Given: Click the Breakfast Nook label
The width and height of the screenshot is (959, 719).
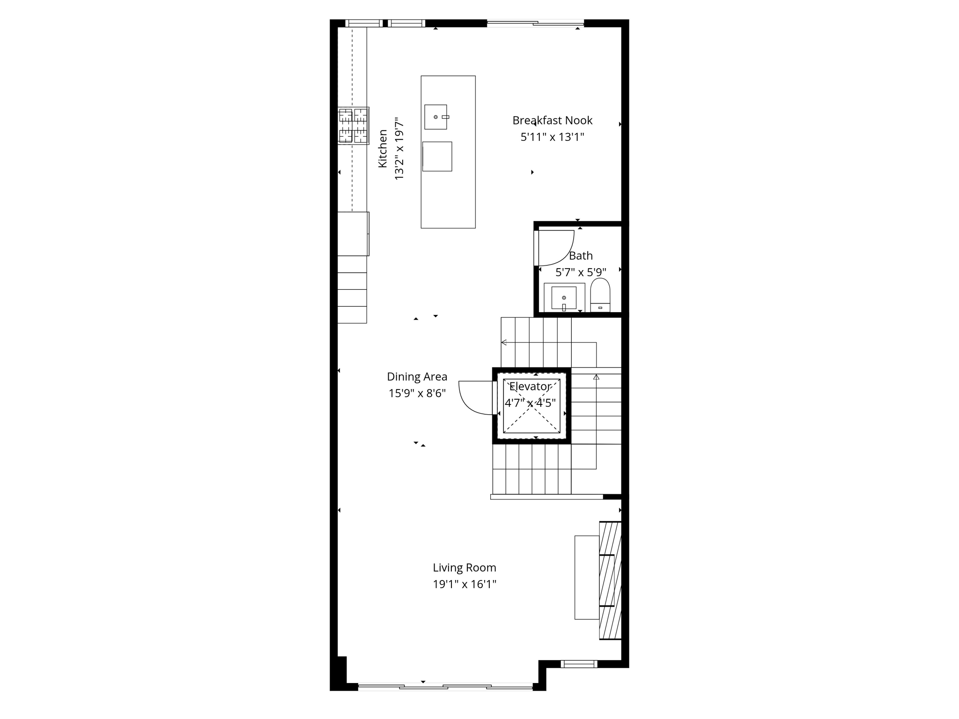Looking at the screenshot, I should pos(552,120).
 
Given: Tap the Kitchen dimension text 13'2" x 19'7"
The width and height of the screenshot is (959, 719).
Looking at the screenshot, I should pos(399,149).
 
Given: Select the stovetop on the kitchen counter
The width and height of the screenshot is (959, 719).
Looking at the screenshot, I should pos(353,125).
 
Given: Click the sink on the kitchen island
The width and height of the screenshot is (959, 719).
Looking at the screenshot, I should pos(435,117).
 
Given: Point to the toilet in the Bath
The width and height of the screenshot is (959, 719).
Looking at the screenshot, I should pos(600,295).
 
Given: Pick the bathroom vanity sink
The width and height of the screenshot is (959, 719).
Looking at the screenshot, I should pos(564,298).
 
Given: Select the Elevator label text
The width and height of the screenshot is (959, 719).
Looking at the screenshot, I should pos(530,387).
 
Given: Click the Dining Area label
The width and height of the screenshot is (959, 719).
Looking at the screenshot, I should pos(417,377).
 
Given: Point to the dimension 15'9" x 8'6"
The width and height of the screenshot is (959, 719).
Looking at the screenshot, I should pos(417,393).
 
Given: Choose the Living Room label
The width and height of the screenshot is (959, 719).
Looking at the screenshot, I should pos(464,568).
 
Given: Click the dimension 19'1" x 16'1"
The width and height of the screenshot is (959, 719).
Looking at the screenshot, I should pos(464,584).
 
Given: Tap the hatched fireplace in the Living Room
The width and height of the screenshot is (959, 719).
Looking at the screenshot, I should pos(610,580).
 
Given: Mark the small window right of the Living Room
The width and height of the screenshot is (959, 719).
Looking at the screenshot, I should pos(579,663).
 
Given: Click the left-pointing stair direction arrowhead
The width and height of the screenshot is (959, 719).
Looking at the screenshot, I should pos(504,343).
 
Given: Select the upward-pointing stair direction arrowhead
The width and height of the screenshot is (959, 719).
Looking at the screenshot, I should pos(596,377).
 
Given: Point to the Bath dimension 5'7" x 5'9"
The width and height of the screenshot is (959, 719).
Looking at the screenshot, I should pos(581,272).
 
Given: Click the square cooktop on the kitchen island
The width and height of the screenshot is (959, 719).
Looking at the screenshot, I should pos(437,156).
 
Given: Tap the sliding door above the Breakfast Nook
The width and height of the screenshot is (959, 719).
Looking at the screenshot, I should pos(535,22).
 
